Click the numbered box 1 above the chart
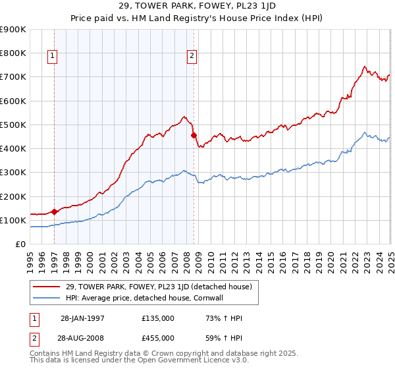52,57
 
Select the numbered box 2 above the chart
192,57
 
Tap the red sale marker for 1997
54,212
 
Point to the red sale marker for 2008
194,136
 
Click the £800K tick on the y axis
14,53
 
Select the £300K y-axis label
14,173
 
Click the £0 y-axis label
20,244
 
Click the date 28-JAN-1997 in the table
82,318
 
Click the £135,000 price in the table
157,318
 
